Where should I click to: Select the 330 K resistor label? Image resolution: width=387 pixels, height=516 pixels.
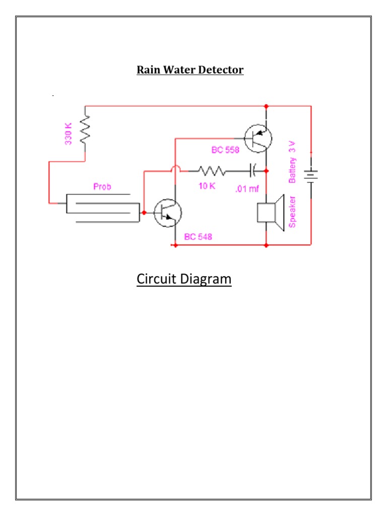pyautogui.click(x=69, y=134)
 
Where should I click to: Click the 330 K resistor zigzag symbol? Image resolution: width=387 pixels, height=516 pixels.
pyautogui.click(x=85, y=128)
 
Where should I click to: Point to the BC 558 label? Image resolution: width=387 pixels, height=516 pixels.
pyautogui.click(x=225, y=150)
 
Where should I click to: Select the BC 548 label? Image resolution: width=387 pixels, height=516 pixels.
pyautogui.click(x=198, y=237)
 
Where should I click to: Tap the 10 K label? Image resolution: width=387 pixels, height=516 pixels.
pyautogui.click(x=207, y=186)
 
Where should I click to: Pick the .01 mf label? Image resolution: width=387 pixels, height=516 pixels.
pyautogui.click(x=247, y=189)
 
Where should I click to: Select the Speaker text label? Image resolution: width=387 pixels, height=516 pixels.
pyautogui.click(x=292, y=212)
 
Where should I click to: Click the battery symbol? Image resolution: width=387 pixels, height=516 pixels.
pyautogui.click(x=311, y=176)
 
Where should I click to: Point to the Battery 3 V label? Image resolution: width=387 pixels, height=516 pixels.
pyautogui.click(x=293, y=163)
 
